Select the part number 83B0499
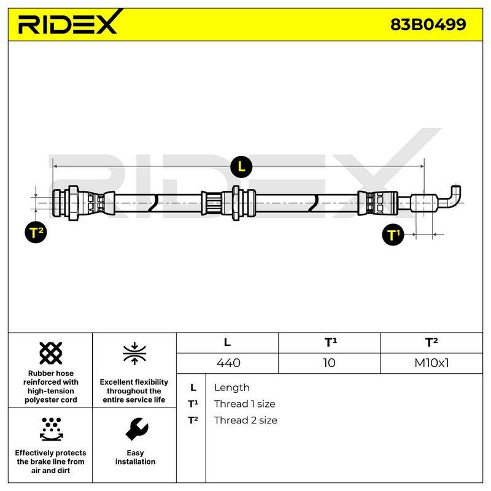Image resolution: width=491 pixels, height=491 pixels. coord(428,25)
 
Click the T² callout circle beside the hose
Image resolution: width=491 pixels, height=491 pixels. coord(36,233)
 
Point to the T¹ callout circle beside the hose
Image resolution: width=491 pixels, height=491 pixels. coord(393,234)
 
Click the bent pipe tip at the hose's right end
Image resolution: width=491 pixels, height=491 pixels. coord(453,196)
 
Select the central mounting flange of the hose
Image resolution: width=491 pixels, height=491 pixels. coord(236,203)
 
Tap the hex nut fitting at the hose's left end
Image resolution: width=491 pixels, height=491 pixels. coord(73,203)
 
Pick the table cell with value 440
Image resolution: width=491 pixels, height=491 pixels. coord(228,363)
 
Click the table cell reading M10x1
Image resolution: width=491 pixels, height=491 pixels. coord(431,363)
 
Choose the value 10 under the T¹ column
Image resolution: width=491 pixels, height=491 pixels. coord(329,363)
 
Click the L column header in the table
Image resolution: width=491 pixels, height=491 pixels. coord(227,342)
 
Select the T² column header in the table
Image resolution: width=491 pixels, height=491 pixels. coord(431,342)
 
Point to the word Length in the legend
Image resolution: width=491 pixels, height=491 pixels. coord(232,388)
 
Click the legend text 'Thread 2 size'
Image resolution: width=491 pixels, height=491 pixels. coord(245,420)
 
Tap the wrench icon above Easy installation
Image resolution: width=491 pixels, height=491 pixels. coord(136,428)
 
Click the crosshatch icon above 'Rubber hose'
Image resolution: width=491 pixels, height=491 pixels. coord(51,353)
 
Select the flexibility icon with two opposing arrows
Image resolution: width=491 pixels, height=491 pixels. coord(134,354)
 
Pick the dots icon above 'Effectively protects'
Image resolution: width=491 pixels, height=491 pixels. coord(51,429)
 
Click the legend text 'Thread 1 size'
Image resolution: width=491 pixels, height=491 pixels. coord(244,404)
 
